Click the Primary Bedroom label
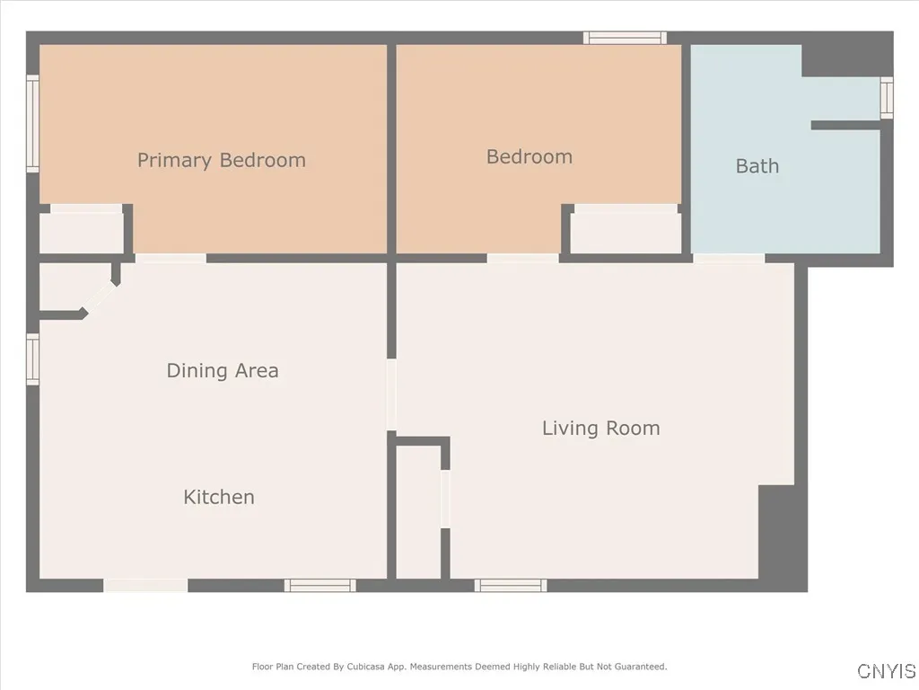pos(221,161)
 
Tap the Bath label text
pos(757,166)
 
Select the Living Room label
pos(600,429)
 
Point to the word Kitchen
pos(219,497)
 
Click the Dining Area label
pos(223,370)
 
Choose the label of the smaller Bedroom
pos(529,156)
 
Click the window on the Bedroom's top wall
pos(625,38)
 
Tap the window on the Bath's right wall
pos(887,97)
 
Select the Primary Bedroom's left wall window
pos(33,124)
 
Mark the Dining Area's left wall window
pos(33,358)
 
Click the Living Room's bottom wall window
pos(510,586)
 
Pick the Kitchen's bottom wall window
pos(320,586)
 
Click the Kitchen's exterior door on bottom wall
pos(145,586)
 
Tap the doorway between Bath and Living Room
pos(729,259)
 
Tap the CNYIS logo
pos(886,671)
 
